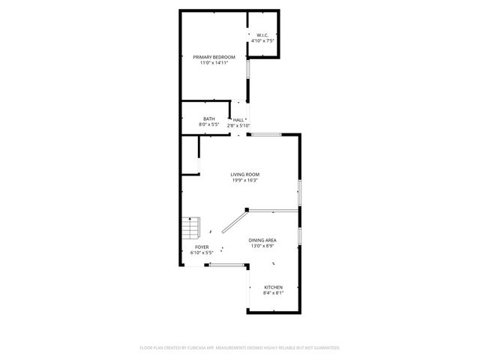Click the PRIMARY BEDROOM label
(x=214, y=57)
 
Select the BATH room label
(x=208, y=118)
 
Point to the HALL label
(x=239, y=120)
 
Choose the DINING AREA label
(x=262, y=240)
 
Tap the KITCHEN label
(x=273, y=287)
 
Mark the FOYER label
(x=202, y=247)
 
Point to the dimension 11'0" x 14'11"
(x=214, y=63)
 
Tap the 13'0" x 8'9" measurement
(x=262, y=246)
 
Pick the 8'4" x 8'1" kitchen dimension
(x=273, y=293)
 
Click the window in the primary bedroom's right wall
(x=249, y=85)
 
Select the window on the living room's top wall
(x=266, y=134)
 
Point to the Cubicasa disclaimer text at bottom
(x=240, y=348)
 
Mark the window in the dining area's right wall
(x=299, y=235)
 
